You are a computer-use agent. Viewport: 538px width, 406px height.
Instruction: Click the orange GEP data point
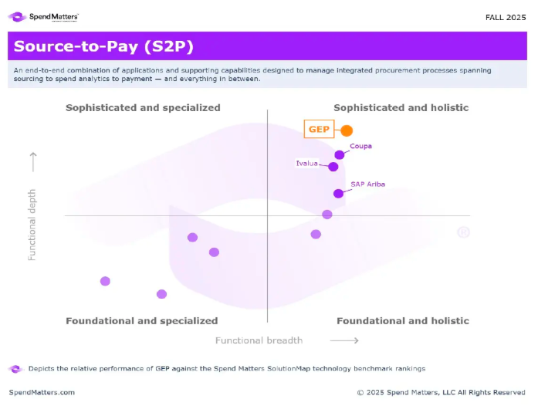(347, 130)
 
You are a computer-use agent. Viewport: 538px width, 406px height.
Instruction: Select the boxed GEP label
(319, 130)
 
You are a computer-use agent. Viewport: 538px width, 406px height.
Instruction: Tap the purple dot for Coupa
(339, 155)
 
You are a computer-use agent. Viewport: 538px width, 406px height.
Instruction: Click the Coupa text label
(361, 145)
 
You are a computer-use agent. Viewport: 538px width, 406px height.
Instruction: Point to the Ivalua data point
(333, 167)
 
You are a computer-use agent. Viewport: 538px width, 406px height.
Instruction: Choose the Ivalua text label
(307, 163)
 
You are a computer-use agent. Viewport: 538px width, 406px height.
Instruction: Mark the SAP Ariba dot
(338, 194)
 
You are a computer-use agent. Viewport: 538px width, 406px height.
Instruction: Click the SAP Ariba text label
(367, 184)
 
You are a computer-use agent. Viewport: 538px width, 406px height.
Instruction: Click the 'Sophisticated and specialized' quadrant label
(143, 108)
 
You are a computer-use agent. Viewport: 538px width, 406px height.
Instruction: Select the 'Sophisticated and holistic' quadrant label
(401, 108)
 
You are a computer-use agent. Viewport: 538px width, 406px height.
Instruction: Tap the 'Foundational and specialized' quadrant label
(142, 321)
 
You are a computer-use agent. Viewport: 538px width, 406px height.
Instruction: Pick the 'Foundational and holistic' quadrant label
(402, 321)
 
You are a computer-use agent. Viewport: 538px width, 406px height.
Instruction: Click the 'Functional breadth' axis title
(259, 340)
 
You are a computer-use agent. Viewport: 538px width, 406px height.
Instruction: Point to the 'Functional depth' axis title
(32, 224)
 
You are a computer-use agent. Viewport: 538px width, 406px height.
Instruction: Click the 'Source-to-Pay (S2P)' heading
(103, 46)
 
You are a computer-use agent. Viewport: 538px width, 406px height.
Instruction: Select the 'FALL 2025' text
(506, 16)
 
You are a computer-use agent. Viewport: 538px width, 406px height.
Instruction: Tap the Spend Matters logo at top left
(43, 16)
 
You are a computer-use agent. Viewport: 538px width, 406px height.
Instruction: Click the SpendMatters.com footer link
(42, 392)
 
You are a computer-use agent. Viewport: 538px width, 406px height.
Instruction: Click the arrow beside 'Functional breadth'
(343, 340)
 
